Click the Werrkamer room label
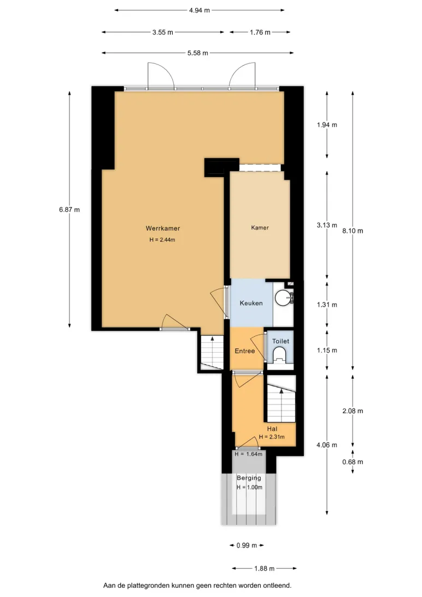point(162,229)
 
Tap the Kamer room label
point(260,227)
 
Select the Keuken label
point(251,303)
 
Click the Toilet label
point(280,341)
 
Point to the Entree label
point(245,351)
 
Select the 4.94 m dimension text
point(200,10)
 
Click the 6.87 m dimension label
point(69,209)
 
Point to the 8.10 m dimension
point(353,231)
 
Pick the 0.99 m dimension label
point(247,545)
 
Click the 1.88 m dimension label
point(265,569)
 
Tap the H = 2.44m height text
point(162,240)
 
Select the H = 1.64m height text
point(249,454)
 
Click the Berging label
point(249,478)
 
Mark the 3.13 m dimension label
point(327,225)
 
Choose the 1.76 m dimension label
point(260,32)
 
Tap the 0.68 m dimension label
point(353,462)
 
